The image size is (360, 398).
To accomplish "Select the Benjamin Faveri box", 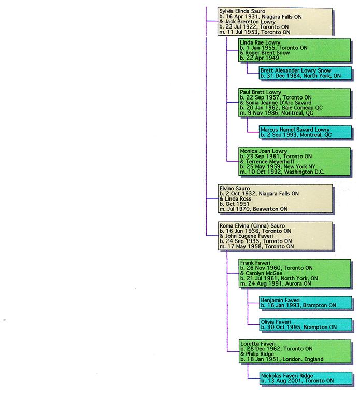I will tap(298, 303).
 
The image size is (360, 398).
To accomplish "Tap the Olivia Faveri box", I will tap(298, 324).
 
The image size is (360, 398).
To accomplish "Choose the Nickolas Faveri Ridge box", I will tap(298, 378).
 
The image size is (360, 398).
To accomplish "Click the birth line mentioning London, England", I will tap(282, 359).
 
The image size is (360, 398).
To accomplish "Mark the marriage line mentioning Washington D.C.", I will tap(282, 172).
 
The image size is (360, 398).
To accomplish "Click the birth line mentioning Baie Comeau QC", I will tap(281, 107).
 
